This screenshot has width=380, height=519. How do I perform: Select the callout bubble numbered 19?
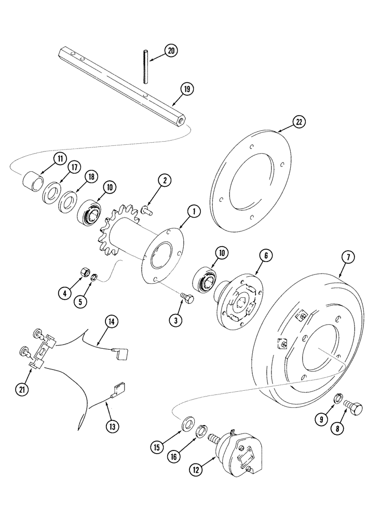tap(187, 89)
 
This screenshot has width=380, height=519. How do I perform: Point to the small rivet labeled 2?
tap(145, 209)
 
